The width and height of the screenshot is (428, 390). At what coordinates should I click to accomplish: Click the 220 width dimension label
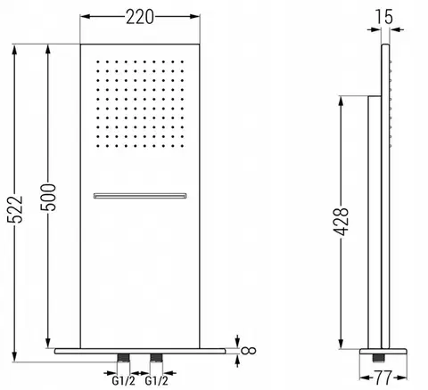[x=140, y=17]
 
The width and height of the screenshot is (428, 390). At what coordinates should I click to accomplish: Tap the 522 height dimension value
[x=15, y=209]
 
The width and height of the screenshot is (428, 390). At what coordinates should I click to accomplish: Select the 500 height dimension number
[x=48, y=198]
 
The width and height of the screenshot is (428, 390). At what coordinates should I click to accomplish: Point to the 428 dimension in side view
[x=341, y=222]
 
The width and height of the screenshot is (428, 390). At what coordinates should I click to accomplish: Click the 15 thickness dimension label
[x=383, y=17]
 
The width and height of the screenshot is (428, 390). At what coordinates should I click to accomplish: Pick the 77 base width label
[x=383, y=378]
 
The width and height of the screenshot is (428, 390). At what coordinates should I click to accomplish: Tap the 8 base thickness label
[x=249, y=351]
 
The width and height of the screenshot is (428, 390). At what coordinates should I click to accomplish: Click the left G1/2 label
[x=123, y=380]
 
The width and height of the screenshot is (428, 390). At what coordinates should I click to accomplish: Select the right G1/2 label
[x=156, y=380]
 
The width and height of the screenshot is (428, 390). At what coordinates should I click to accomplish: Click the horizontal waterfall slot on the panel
[x=140, y=196]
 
